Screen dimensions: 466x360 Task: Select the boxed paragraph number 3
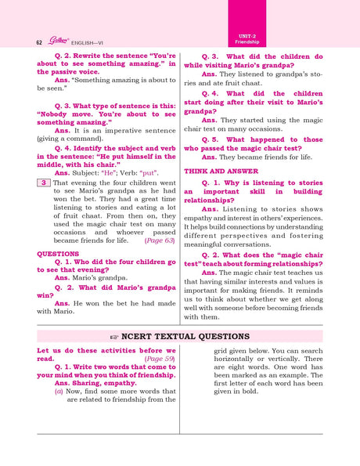point(44,182)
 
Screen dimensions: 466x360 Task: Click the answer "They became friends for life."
point(252,157)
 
